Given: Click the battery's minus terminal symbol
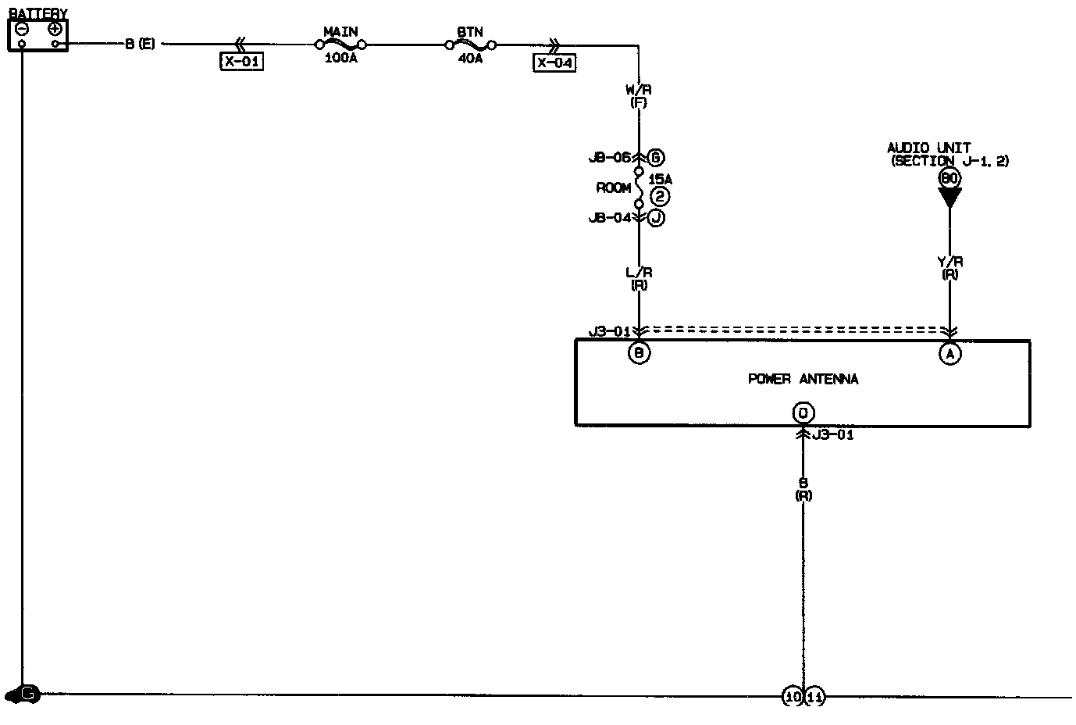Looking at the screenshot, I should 22,29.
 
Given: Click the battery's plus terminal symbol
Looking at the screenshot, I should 54,29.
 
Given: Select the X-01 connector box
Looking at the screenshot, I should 241,62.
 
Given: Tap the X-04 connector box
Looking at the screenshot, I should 554,62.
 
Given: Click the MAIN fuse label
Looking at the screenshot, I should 340,32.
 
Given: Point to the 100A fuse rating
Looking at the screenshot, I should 340,59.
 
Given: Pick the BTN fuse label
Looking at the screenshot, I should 469,32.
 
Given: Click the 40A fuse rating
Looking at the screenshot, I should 469,59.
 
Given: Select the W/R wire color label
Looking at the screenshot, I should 639,90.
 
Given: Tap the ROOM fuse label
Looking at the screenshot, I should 613,187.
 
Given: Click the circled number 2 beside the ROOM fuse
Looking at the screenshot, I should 660,197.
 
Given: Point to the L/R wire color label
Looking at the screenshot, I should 639,273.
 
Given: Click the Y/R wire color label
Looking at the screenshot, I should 950,262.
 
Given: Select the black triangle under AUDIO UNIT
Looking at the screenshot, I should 950,198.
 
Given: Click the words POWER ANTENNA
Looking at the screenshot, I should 803,379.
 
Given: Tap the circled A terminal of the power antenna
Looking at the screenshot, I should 950,354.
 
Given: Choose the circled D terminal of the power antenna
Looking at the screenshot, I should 802,412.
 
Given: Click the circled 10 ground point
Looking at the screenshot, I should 793,696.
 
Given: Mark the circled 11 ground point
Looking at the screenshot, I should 814,696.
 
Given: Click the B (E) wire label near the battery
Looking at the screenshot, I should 140,45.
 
